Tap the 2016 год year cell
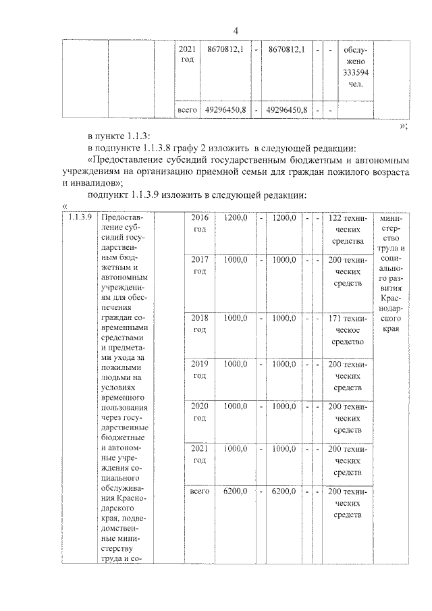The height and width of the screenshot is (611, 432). [199, 224]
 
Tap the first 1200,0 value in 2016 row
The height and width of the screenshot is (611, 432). [236, 218]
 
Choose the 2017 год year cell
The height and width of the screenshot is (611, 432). [199, 265]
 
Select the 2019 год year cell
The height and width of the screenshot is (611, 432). [199, 369]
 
